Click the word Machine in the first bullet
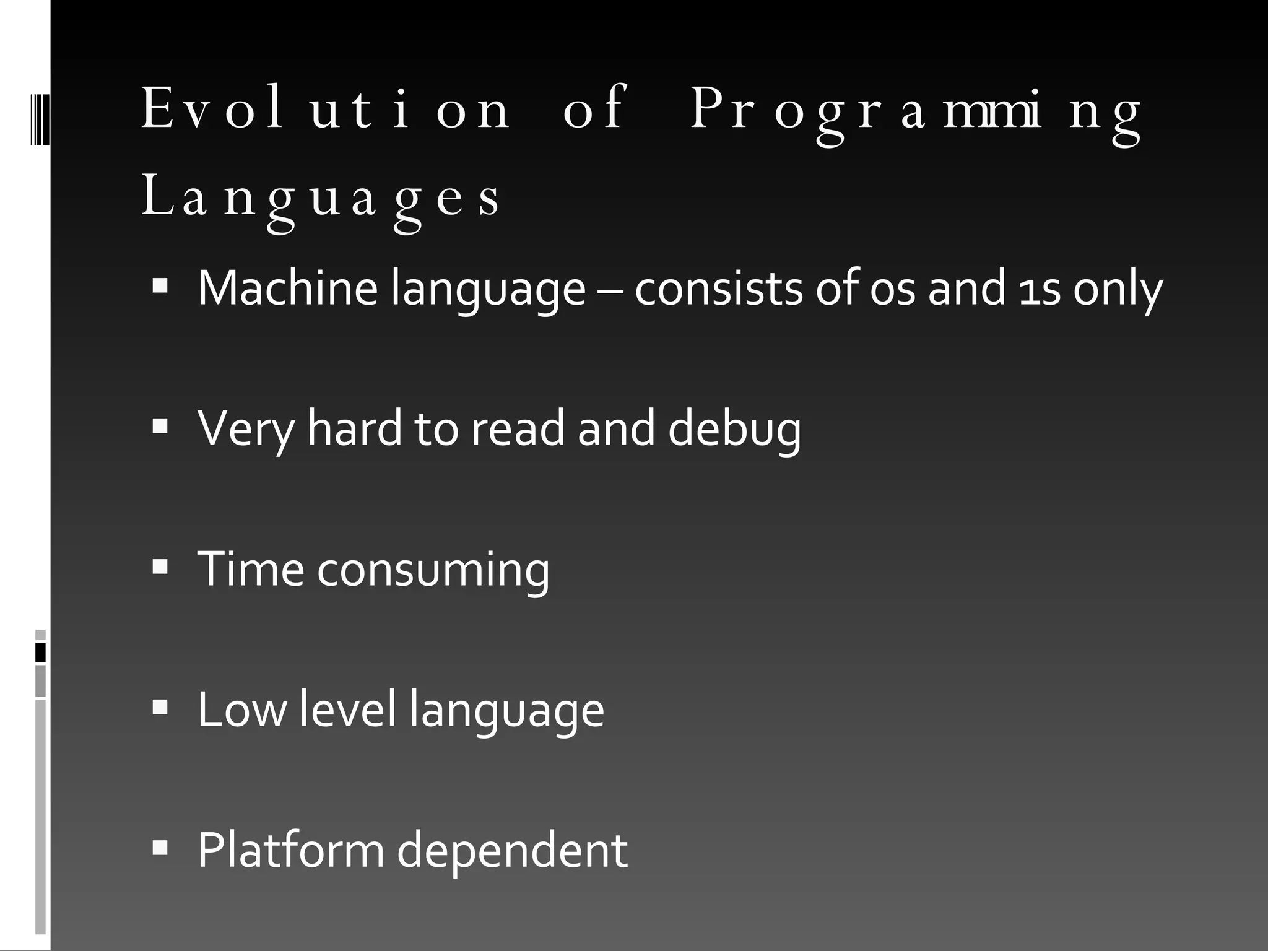pyautogui.click(x=287, y=288)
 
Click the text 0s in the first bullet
pyautogui.click(x=892, y=289)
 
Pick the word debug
pyautogui.click(x=734, y=429)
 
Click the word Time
pyautogui.click(x=251, y=569)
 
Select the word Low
pyautogui.click(x=242, y=710)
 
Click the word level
pyautogui.click(x=347, y=710)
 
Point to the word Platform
pyautogui.click(x=290, y=850)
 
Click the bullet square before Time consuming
pyautogui.click(x=160, y=567)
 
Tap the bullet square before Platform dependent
pyautogui.click(x=160, y=848)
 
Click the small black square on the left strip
pyautogui.click(x=40, y=653)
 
